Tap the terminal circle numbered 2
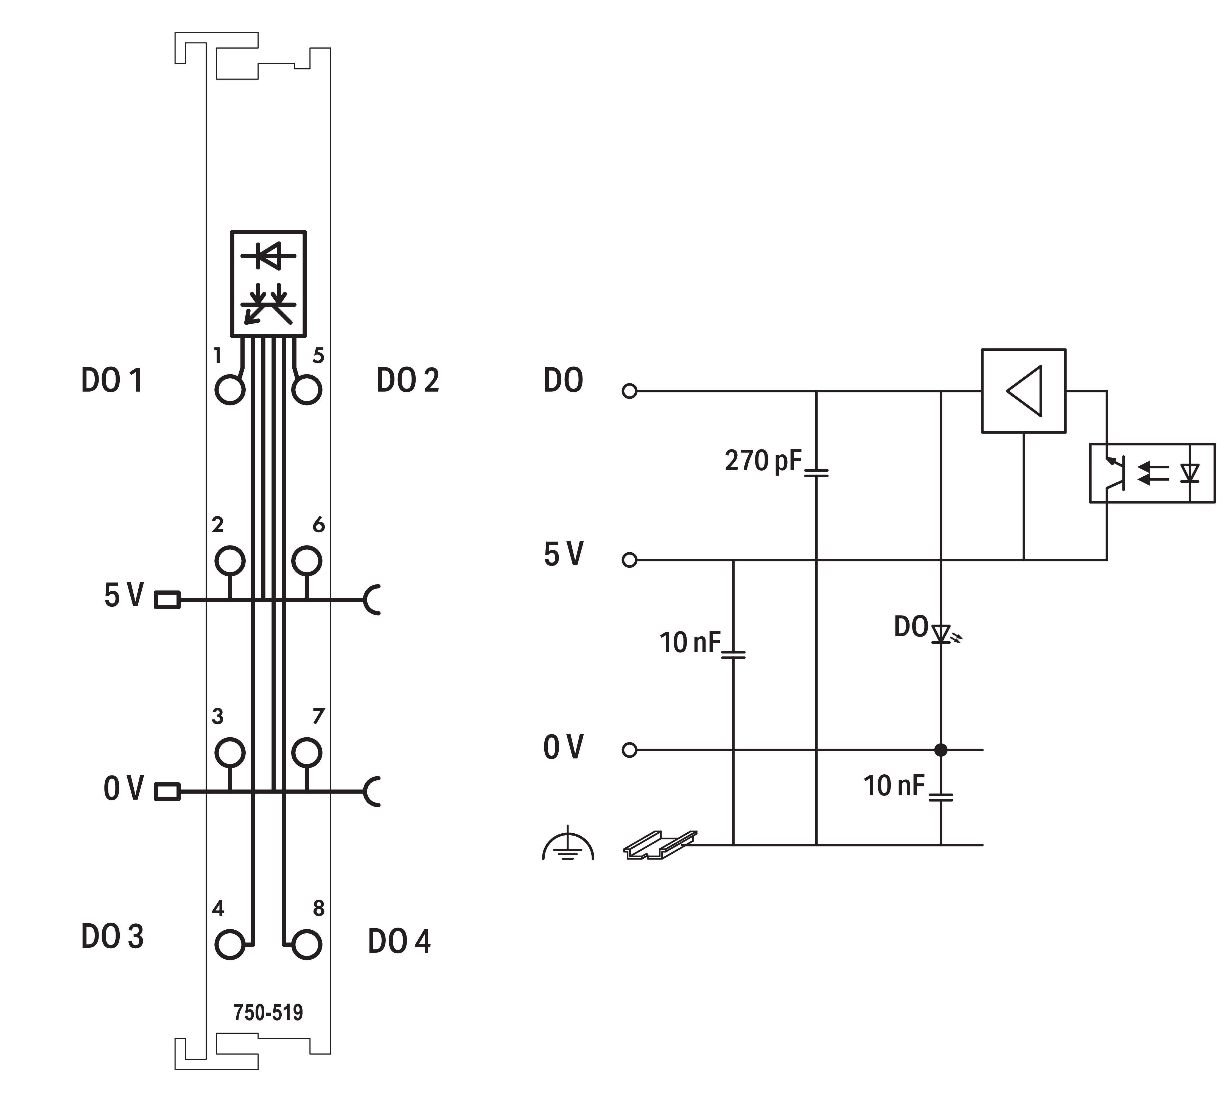(230, 560)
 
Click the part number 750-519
(268, 1012)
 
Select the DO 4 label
(399, 941)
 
